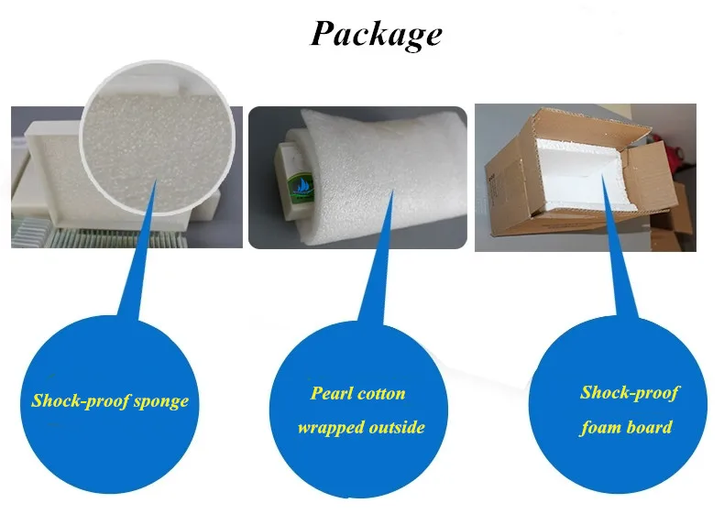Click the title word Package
click(x=376, y=34)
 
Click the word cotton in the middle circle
click(x=383, y=394)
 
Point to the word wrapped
click(x=330, y=428)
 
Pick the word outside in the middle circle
click(x=396, y=428)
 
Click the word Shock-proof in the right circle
click(x=630, y=393)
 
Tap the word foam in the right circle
click(x=600, y=427)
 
